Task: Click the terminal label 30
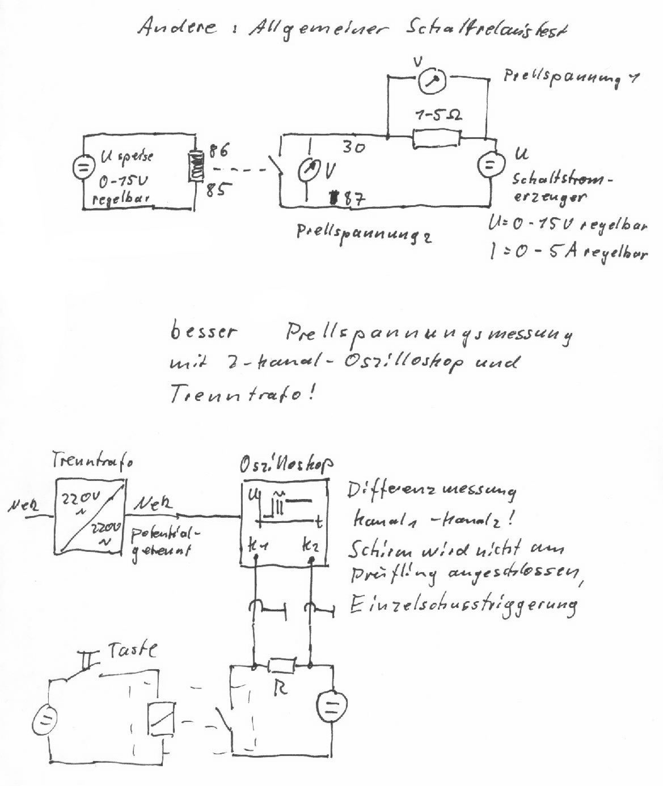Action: point(353,147)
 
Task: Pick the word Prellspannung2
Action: point(364,234)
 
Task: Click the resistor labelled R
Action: point(281,664)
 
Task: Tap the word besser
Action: point(202,331)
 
